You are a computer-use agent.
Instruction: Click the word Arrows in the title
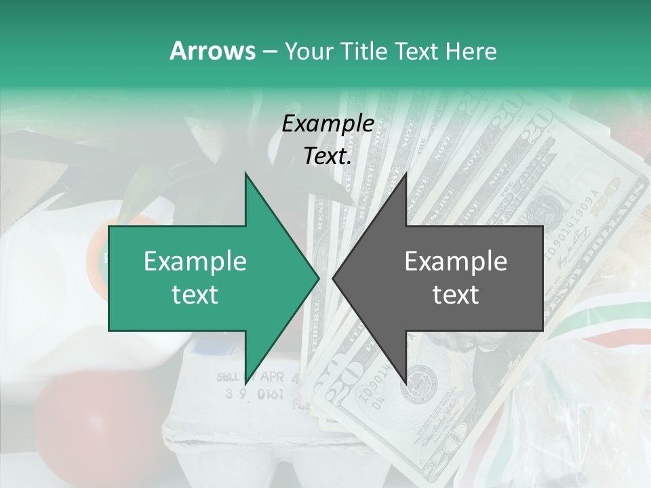(212, 51)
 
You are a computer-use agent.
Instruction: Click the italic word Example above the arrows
(328, 124)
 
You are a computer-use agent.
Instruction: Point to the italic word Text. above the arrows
(328, 156)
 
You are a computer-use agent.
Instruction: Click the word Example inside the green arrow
(195, 261)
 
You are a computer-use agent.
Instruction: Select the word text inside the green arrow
(195, 294)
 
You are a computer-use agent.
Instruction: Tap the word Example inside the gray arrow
(456, 261)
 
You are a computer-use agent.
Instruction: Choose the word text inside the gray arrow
(456, 294)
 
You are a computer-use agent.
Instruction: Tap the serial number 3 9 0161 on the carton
(254, 394)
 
